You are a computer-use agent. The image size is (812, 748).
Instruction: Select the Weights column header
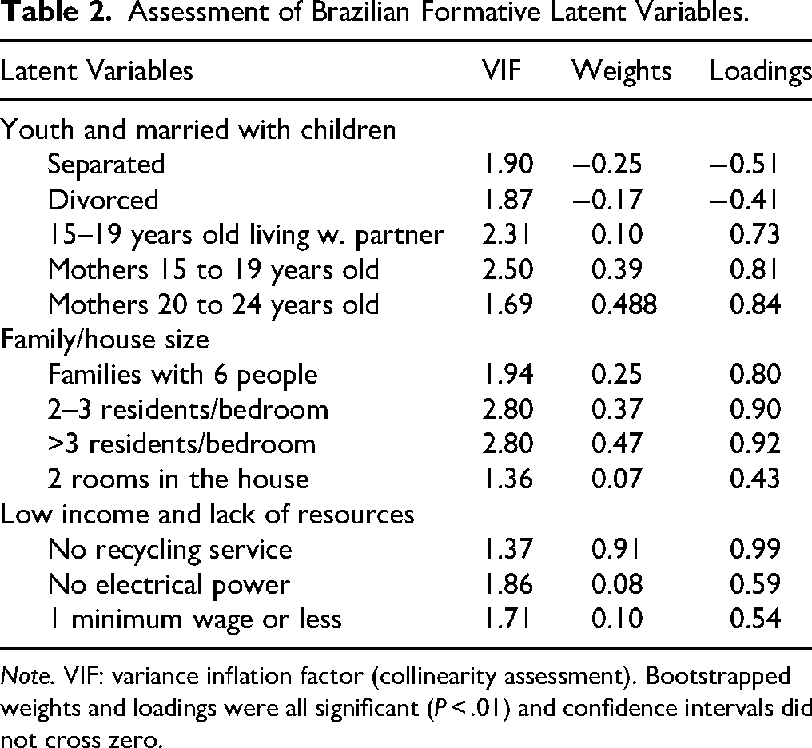pyautogui.click(x=621, y=71)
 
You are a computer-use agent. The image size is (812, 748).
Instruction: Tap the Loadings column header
pyautogui.click(x=760, y=71)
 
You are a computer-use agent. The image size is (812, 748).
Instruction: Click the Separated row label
pyautogui.click(x=105, y=164)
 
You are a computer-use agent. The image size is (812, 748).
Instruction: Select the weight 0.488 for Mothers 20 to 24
pyautogui.click(x=624, y=304)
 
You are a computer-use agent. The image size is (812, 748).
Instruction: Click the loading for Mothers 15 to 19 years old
pyautogui.click(x=756, y=269)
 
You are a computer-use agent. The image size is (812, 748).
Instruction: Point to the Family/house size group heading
pyautogui.click(x=105, y=340)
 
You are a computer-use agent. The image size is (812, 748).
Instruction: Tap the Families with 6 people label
pyautogui.click(x=182, y=375)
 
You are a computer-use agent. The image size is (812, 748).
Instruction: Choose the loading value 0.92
pyautogui.click(x=756, y=445)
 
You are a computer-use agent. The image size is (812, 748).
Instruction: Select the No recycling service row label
pyautogui.click(x=169, y=550)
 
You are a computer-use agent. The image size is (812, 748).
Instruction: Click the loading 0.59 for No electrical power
pyautogui.click(x=756, y=585)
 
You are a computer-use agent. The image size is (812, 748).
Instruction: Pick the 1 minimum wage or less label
pyautogui.click(x=194, y=620)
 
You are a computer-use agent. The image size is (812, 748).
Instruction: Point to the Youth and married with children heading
pyautogui.click(x=198, y=129)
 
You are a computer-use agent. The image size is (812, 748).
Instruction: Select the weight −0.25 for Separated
pyautogui.click(x=609, y=164)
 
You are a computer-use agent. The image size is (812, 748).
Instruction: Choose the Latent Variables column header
pyautogui.click(x=97, y=71)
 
